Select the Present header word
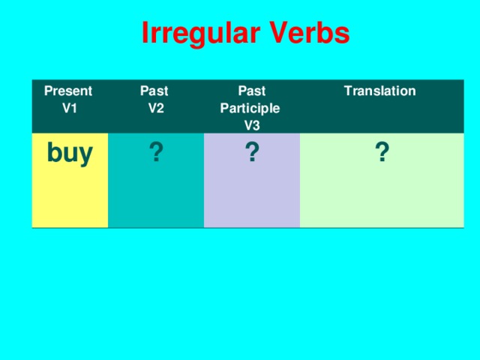point(68,91)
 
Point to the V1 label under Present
point(69,108)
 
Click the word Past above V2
point(154,91)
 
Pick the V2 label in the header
point(157,108)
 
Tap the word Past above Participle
point(250,91)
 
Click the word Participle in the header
point(250,108)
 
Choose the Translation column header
point(379,91)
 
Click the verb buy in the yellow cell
point(70,153)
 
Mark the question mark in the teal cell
point(155,153)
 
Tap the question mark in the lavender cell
point(252,153)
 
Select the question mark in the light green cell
point(382,153)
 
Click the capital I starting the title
point(145,34)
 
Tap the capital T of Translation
point(347,91)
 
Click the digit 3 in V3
point(256,124)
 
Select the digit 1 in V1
point(73,108)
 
